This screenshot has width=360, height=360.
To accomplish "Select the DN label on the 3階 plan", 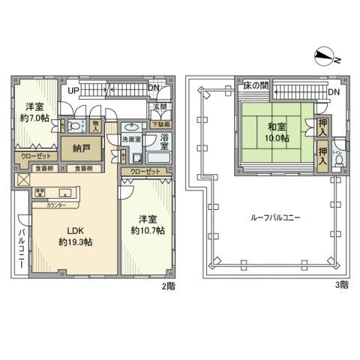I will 335,93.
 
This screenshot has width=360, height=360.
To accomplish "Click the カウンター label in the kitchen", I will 57,205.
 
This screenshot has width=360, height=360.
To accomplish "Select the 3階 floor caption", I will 341,286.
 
